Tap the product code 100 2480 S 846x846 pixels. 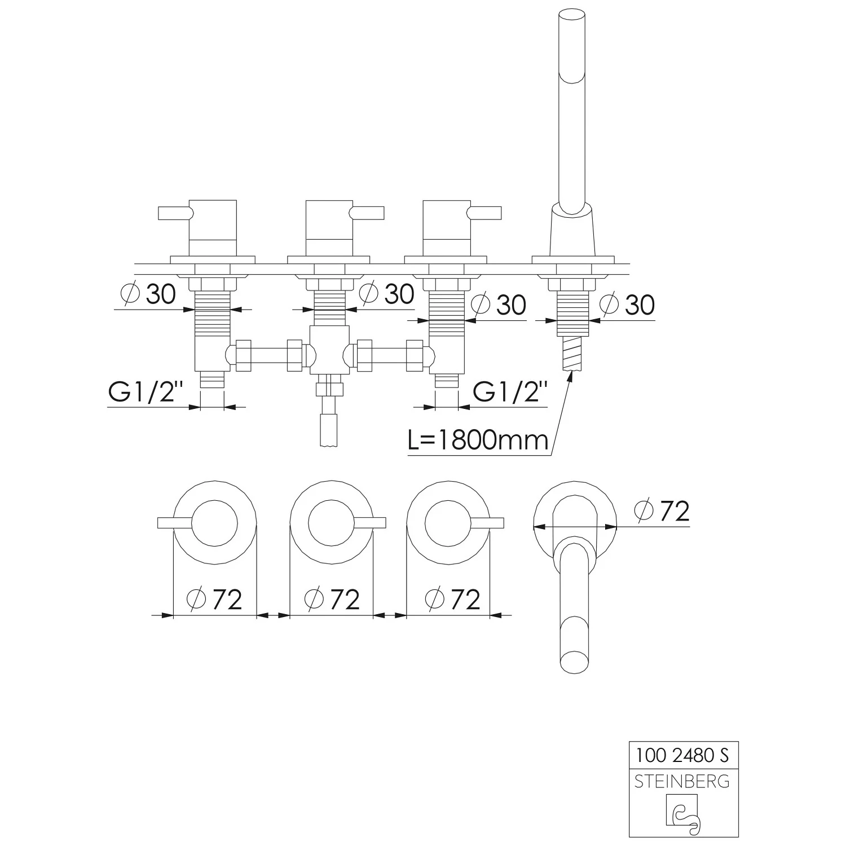pyautogui.click(x=682, y=754)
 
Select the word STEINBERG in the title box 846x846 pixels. pyautogui.click(x=682, y=781)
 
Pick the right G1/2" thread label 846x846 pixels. pyautogui.click(x=510, y=392)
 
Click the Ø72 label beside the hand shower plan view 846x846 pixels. pyautogui.click(x=662, y=511)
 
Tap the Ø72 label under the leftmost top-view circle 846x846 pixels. pyautogui.click(x=214, y=599)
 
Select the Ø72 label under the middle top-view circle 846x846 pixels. pyautogui.click(x=332, y=599)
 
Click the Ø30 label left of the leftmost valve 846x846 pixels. pyautogui.click(x=148, y=294)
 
